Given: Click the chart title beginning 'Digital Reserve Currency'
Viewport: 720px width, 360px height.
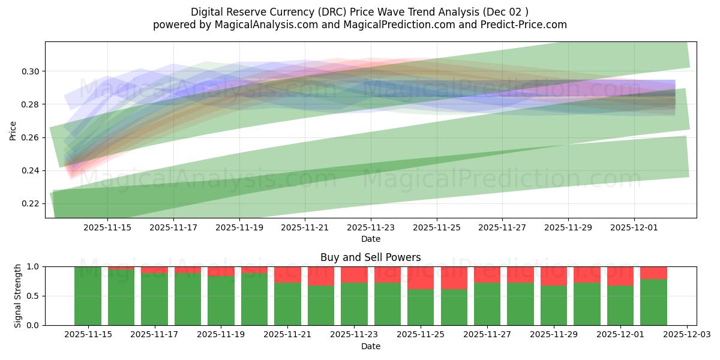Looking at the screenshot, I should pyautogui.click(x=359, y=12).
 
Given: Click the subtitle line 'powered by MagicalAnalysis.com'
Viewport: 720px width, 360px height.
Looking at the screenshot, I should pyautogui.click(x=359, y=25).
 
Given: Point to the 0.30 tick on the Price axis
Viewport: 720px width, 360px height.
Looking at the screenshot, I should pyautogui.click(x=30, y=71).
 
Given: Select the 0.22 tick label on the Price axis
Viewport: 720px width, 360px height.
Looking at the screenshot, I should pyautogui.click(x=30, y=203).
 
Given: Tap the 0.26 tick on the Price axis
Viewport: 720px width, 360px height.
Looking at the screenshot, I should pyautogui.click(x=30, y=137).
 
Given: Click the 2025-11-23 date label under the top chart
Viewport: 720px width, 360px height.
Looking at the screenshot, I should pyautogui.click(x=371, y=228).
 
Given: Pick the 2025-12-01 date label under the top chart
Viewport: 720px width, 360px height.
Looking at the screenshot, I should pyautogui.click(x=634, y=228).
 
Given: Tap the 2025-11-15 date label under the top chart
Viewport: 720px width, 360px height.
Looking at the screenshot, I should pyautogui.click(x=107, y=228).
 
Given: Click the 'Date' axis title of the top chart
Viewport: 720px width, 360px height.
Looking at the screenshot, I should pyautogui.click(x=370, y=239).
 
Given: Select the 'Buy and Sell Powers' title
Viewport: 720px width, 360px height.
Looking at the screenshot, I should pyautogui.click(x=370, y=257).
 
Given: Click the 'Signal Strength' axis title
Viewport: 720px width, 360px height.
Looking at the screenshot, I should pyautogui.click(x=18, y=296).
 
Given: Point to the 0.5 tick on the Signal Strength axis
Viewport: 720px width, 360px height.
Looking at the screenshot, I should pyautogui.click(x=34, y=296).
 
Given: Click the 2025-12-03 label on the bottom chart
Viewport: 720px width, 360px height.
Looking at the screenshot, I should pyautogui.click(x=686, y=335).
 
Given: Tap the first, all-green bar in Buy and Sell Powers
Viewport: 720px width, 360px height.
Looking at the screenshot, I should pyautogui.click(x=88, y=296).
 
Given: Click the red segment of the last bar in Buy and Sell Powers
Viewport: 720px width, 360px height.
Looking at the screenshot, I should pyautogui.click(x=653, y=273).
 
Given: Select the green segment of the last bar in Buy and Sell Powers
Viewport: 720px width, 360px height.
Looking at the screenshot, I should pyautogui.click(x=653, y=302).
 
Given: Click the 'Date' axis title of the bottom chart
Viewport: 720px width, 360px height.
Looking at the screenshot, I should pyautogui.click(x=370, y=346).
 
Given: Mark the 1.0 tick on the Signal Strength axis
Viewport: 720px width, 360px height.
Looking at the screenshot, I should pyautogui.click(x=34, y=266).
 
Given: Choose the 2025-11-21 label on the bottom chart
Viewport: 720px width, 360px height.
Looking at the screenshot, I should pyautogui.click(x=287, y=335).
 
